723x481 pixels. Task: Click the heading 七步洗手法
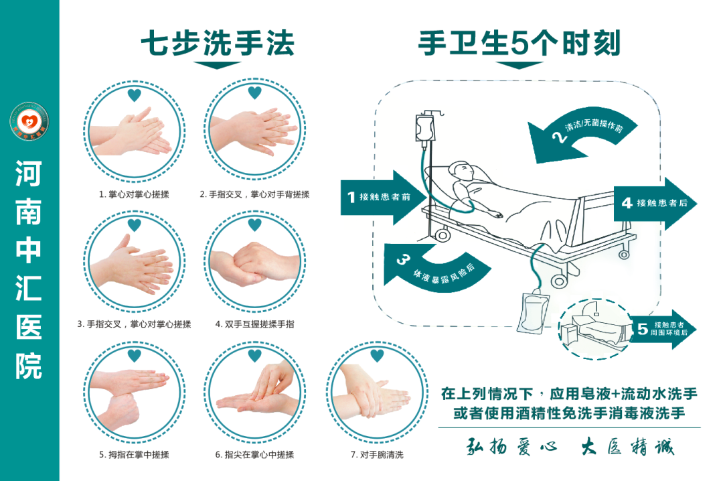tap(217, 44)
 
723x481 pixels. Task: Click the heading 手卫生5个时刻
tap(519, 44)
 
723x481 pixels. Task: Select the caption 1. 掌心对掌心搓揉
tap(134, 195)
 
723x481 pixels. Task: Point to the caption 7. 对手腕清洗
tap(377, 455)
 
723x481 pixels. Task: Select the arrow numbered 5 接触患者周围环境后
tap(663, 329)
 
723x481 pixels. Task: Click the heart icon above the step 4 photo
tap(254, 224)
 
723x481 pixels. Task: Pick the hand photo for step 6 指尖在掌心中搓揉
tap(254, 395)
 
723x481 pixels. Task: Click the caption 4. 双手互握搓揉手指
tap(254, 324)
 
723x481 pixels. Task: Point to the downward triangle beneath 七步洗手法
tap(217, 66)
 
